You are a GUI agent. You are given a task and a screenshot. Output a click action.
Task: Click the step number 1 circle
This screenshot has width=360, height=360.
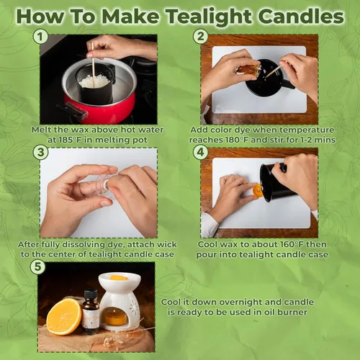(40, 37)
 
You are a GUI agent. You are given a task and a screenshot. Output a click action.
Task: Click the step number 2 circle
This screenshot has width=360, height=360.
(200, 37)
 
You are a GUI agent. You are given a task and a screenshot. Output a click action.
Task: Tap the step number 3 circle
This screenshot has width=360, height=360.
(40, 152)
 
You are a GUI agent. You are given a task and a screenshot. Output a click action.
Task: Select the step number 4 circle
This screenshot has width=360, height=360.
(200, 152)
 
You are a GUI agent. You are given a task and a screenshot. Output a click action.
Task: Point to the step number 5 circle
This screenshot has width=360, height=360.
(38, 267)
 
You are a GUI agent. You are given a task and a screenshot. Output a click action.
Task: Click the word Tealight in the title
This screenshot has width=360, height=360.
(209, 17)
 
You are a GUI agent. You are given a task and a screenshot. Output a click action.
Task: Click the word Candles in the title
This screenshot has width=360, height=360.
(302, 16)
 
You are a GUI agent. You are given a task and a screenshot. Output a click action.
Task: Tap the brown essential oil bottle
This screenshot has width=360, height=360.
(91, 312)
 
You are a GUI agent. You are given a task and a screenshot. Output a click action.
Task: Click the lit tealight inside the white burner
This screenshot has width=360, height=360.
(116, 318)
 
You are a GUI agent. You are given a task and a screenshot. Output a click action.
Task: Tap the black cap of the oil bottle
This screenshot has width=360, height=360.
(91, 294)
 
